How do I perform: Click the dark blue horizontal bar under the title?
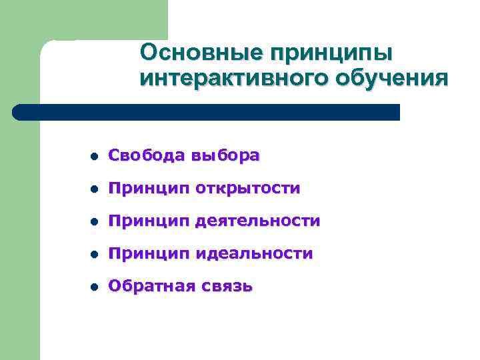(207, 112)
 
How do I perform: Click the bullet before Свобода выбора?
(93, 157)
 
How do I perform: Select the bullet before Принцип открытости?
(93, 189)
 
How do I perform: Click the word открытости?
(248, 189)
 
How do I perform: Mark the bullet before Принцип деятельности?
(93, 222)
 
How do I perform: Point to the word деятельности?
(258, 221)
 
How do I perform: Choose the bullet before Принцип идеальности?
(93, 255)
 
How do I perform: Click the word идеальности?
(254, 253)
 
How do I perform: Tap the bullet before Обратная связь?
(93, 287)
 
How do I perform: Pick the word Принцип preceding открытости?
(149, 189)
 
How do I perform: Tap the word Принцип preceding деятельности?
(149, 221)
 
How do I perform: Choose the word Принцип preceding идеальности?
(149, 253)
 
